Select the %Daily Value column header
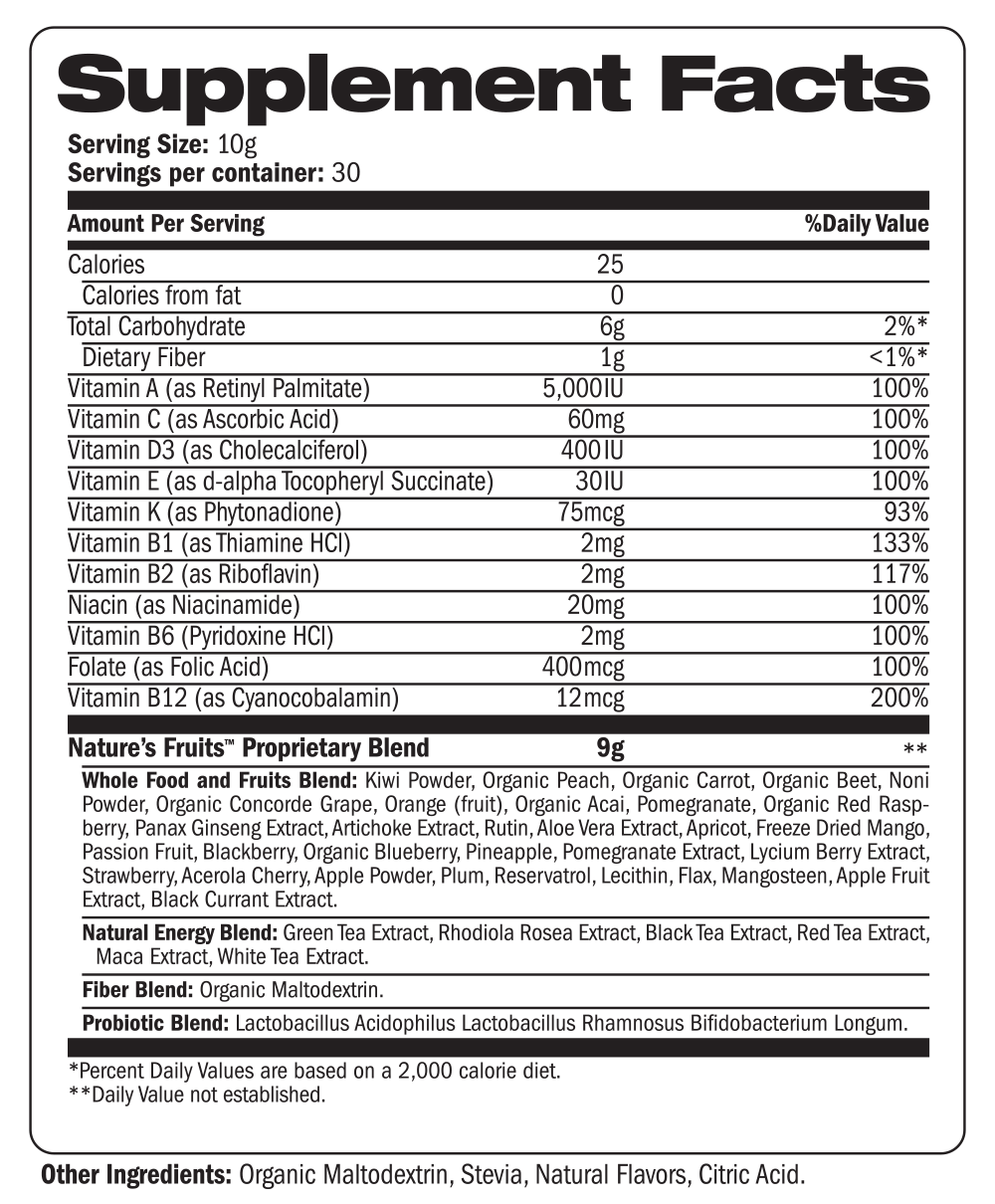coord(866,224)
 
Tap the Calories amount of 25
coord(610,265)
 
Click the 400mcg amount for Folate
coord(583,668)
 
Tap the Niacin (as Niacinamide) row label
coord(184,605)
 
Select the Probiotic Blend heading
coord(155,1023)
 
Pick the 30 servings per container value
coord(346,172)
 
